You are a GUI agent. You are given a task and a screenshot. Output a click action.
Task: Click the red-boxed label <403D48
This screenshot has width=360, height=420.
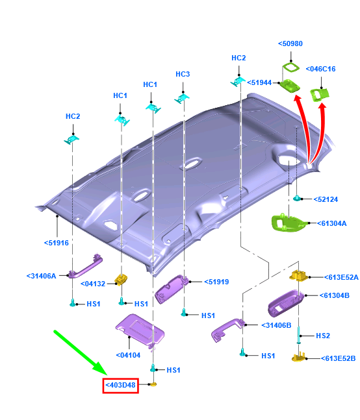click(x=121, y=385)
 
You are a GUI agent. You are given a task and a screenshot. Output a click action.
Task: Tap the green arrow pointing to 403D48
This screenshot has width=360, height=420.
click(x=81, y=352)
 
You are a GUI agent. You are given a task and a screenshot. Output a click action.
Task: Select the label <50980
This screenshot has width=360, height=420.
click(x=290, y=43)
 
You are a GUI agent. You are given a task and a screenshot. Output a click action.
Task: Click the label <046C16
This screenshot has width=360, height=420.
click(x=320, y=69)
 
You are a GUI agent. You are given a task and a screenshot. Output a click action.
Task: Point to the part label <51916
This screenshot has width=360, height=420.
click(x=57, y=243)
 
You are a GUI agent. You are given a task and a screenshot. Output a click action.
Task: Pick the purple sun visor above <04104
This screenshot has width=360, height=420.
click(x=140, y=331)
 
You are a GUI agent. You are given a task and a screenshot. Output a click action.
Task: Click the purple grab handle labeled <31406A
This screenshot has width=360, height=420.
click(x=85, y=267)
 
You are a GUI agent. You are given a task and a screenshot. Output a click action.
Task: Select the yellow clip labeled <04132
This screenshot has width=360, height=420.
click(x=121, y=279)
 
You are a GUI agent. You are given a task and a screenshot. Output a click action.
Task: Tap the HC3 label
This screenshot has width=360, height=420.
click(x=183, y=74)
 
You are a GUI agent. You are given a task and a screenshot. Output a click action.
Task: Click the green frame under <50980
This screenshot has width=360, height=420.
click(x=291, y=67)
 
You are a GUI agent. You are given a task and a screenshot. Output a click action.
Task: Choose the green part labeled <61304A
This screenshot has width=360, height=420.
click(x=288, y=223)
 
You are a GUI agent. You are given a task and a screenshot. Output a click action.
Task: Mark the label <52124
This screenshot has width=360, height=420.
click(x=326, y=199)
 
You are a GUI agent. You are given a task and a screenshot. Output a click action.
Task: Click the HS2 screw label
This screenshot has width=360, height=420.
click(x=323, y=336)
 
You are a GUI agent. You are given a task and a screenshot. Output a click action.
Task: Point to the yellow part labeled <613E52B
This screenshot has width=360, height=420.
click(x=299, y=357)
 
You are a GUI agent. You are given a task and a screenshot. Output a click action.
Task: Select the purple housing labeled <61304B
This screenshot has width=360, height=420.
click(x=286, y=303)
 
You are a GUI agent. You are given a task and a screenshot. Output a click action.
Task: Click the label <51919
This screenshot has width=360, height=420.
click(x=216, y=282)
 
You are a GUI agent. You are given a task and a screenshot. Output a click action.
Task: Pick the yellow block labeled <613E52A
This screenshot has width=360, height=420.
click(x=298, y=276)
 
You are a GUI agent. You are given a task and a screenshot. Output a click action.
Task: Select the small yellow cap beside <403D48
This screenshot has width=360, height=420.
click(x=153, y=385)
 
